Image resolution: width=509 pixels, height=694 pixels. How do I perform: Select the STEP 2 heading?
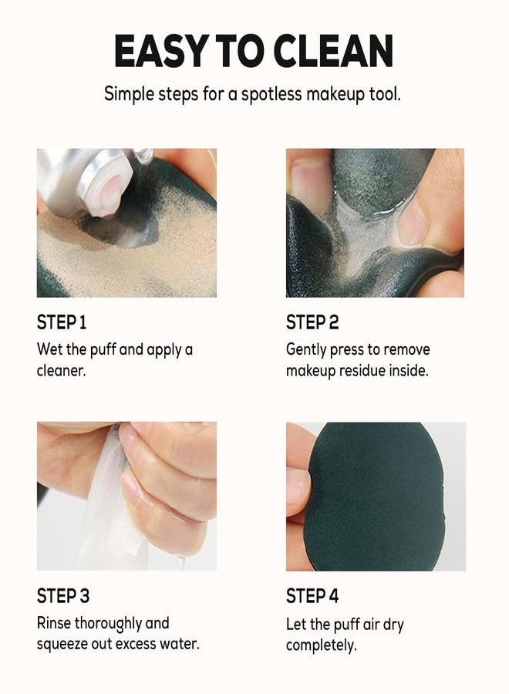pos(312,322)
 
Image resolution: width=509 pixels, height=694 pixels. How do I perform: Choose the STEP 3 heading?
pos(63,596)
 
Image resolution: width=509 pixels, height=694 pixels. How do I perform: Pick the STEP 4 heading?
pos(312,596)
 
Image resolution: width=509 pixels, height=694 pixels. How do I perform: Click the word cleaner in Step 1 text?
pos(62,370)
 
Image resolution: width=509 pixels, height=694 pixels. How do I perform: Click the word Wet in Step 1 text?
pos(49,350)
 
